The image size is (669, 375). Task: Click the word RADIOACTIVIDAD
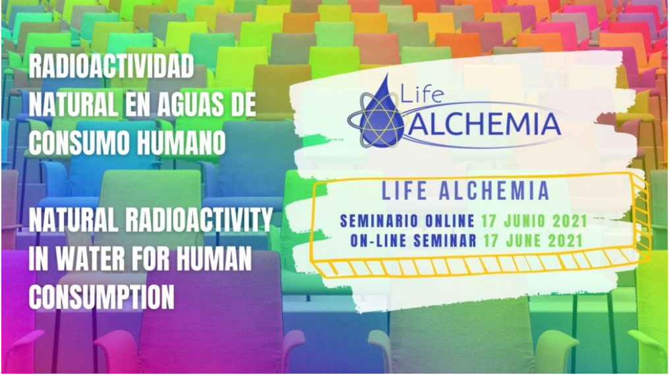tap(111, 67)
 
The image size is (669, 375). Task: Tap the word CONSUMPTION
tap(102, 297)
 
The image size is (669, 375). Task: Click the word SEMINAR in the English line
tap(444, 241)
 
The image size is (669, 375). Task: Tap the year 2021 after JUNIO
tap(570, 221)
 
